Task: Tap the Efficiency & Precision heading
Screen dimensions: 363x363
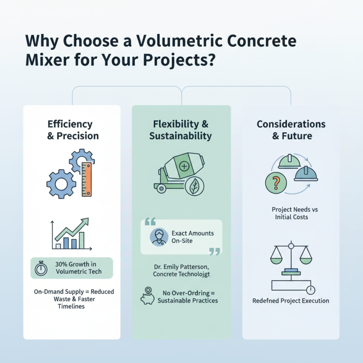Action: coord(73,130)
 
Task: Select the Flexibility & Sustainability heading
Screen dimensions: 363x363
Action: coord(181,130)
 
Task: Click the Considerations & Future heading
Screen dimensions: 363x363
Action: coord(291,130)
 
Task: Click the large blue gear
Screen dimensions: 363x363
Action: coord(61,184)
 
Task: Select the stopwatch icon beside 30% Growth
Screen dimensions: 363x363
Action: coord(42,268)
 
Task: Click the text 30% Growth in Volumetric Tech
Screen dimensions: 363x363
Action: coord(78,268)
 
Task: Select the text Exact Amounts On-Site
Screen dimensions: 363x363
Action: coord(192,237)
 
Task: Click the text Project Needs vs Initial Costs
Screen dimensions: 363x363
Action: coord(291,213)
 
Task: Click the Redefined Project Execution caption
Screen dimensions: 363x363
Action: coord(291,300)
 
